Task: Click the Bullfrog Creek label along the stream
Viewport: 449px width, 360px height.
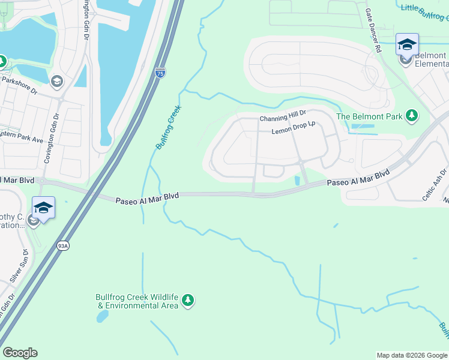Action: click(169, 127)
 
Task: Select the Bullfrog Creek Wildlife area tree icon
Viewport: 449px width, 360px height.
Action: click(188, 299)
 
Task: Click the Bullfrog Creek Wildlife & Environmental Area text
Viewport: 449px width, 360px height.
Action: click(137, 301)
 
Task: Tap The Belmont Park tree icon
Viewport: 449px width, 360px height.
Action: click(412, 116)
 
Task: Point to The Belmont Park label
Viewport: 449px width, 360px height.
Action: click(369, 116)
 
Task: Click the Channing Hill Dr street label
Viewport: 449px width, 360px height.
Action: click(283, 119)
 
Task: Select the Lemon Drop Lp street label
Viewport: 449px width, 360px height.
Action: click(294, 131)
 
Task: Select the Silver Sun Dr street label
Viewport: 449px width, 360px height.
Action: click(17, 266)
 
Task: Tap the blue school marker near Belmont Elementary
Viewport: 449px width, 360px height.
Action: click(407, 45)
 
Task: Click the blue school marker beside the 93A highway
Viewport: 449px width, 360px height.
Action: click(43, 208)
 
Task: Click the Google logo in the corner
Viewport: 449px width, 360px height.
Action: click(20, 353)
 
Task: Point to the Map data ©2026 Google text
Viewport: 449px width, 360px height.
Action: click(411, 355)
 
